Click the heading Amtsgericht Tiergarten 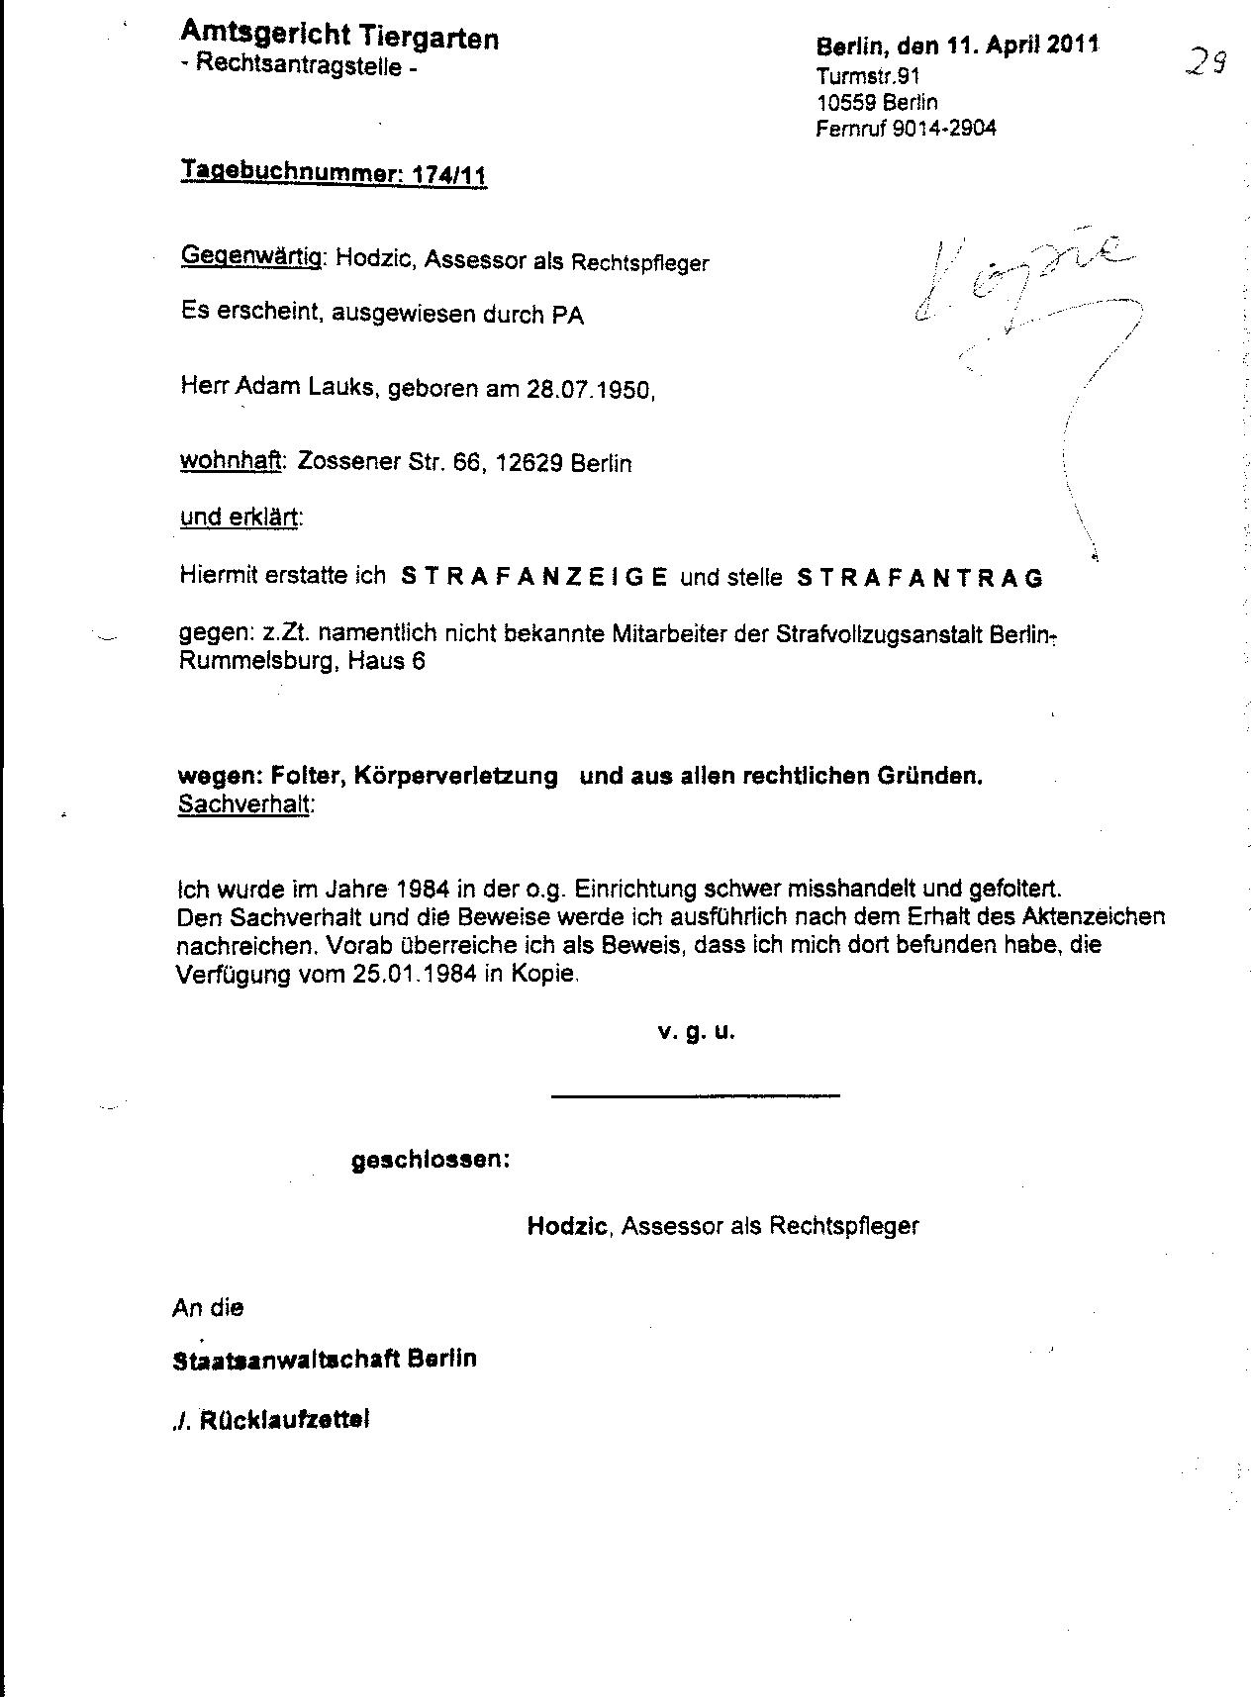[338, 38]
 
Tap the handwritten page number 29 [1206, 65]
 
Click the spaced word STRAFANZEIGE [533, 577]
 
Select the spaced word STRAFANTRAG [919, 578]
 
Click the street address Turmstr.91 [869, 76]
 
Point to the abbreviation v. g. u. [696, 1032]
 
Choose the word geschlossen [431, 1160]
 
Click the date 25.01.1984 [415, 973]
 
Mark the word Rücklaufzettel [284, 1420]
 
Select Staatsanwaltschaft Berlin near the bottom [325, 1359]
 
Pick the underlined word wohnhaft [230, 462]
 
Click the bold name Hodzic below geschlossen [566, 1226]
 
